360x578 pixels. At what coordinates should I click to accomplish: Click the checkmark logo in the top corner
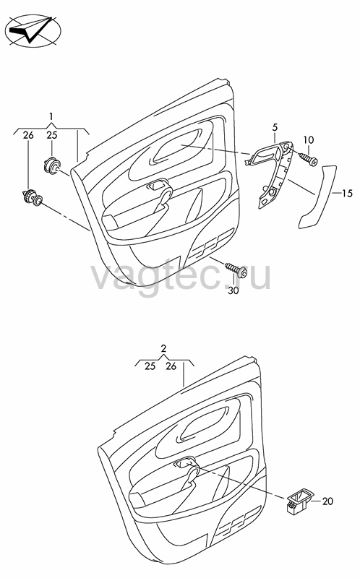coord(33,30)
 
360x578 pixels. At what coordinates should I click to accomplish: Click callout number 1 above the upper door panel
coord(51,116)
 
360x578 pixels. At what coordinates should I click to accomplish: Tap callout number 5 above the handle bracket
coord(275,128)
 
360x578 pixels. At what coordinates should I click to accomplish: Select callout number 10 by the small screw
coord(309,139)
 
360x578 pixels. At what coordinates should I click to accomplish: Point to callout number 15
coord(347,193)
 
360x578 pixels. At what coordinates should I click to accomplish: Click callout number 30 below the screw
coord(233,290)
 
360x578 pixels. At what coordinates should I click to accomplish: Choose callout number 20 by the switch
coord(327,501)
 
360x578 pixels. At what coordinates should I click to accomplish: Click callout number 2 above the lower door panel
coord(164,348)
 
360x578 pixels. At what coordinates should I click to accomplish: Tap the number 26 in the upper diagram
coord(28,135)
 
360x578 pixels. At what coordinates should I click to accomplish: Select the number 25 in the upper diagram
coord(52,135)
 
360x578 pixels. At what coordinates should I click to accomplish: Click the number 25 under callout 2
coord(150,366)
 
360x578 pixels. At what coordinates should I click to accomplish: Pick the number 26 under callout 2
coord(171,366)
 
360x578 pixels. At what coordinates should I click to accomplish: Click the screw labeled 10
coord(309,159)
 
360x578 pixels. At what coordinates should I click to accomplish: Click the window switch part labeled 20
coord(299,500)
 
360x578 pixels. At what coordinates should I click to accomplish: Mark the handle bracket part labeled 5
coord(272,173)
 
